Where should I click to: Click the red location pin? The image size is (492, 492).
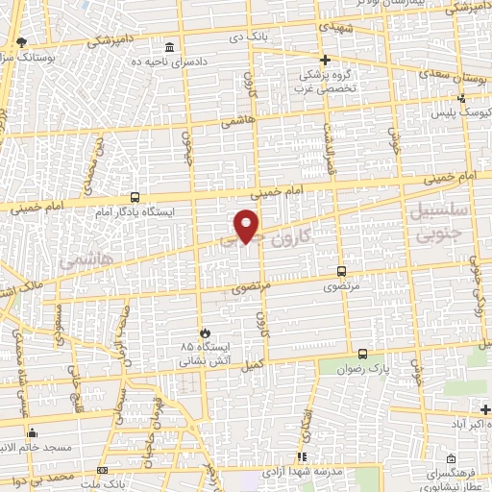247,225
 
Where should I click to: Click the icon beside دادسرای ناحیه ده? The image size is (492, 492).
170,47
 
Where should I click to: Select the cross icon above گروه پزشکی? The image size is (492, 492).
326,59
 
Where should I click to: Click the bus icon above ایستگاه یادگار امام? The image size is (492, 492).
134,195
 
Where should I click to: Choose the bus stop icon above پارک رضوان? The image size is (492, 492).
361,353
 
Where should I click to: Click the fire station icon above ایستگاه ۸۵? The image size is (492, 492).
202,332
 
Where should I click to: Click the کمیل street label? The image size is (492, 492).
254,363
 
